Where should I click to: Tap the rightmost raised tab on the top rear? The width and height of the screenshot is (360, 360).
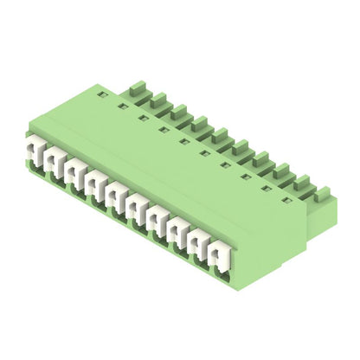322,191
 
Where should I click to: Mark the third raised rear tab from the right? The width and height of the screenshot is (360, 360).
281,168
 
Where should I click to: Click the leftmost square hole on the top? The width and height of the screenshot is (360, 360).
103,95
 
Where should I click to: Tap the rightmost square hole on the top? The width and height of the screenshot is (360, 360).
286,200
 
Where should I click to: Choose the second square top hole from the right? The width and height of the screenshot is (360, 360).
266,188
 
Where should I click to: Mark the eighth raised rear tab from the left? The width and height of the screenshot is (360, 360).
281,168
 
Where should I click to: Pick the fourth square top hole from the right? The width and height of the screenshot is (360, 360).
225,164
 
